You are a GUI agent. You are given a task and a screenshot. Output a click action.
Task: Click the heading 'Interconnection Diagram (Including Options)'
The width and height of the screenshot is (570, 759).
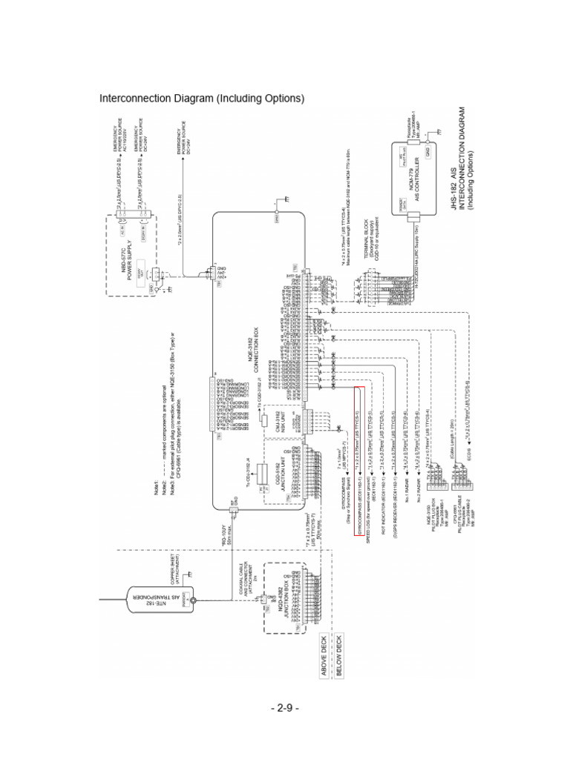202,99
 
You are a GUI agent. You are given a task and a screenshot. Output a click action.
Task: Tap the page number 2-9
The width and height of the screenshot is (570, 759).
284,709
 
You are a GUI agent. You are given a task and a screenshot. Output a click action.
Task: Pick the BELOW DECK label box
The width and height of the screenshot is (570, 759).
339,649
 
